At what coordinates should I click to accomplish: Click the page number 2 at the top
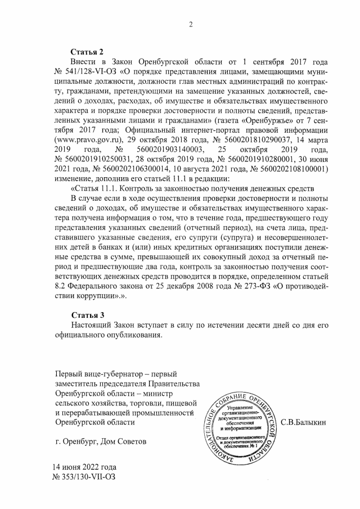191,24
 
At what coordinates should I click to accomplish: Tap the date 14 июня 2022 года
84,466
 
